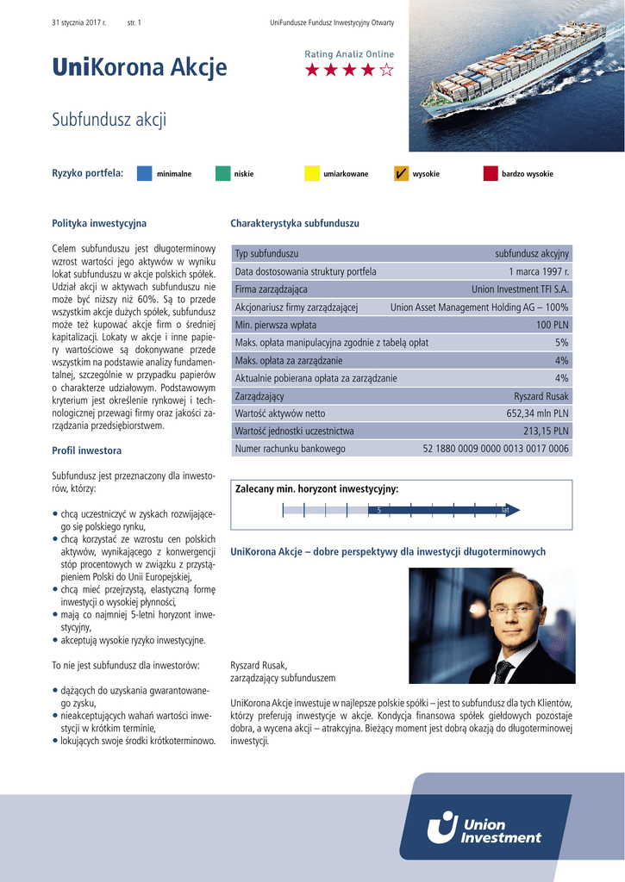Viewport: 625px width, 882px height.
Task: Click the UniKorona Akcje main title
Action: pyautogui.click(x=140, y=67)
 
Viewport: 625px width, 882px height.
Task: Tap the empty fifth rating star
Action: pyautogui.click(x=387, y=71)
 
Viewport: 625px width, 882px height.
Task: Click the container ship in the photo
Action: pyautogui.click(x=513, y=73)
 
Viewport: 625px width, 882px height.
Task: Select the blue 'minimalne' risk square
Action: pyautogui.click(x=145, y=174)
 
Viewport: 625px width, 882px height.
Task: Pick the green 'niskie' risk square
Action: pyautogui.click(x=222, y=174)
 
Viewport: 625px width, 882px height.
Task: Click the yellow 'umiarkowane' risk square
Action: pyautogui.click(x=311, y=174)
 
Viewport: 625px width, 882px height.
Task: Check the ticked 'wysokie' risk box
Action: pyautogui.click(x=401, y=174)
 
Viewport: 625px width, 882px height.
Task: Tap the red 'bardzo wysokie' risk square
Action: pyautogui.click(x=491, y=174)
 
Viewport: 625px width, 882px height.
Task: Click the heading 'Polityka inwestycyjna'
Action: pyautogui.click(x=99, y=224)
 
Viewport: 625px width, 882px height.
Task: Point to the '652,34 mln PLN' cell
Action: pyautogui.click(x=534, y=413)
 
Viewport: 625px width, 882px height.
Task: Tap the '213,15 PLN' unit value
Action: pyautogui.click(x=546, y=431)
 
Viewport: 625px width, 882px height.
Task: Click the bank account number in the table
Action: pyautogui.click(x=496, y=449)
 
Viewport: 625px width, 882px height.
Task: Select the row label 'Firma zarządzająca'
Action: pyautogui.click(x=272, y=289)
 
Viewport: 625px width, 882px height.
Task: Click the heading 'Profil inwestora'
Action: pyautogui.click(x=86, y=450)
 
